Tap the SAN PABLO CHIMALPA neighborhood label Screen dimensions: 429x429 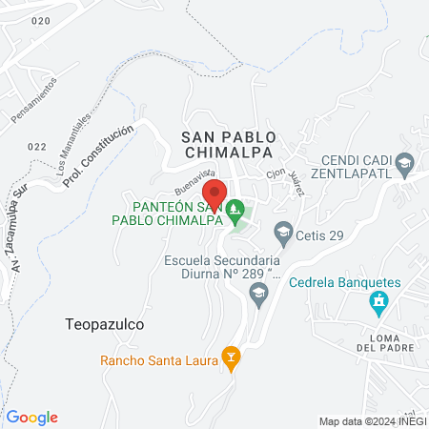pos(228,145)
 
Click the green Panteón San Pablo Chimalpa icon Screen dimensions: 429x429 pos(235,206)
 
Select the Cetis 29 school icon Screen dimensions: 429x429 pos(282,231)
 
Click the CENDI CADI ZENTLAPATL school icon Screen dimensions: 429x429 pos(404,164)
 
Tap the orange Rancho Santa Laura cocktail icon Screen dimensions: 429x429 pos(230,359)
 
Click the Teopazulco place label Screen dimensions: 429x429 pos(105,324)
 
